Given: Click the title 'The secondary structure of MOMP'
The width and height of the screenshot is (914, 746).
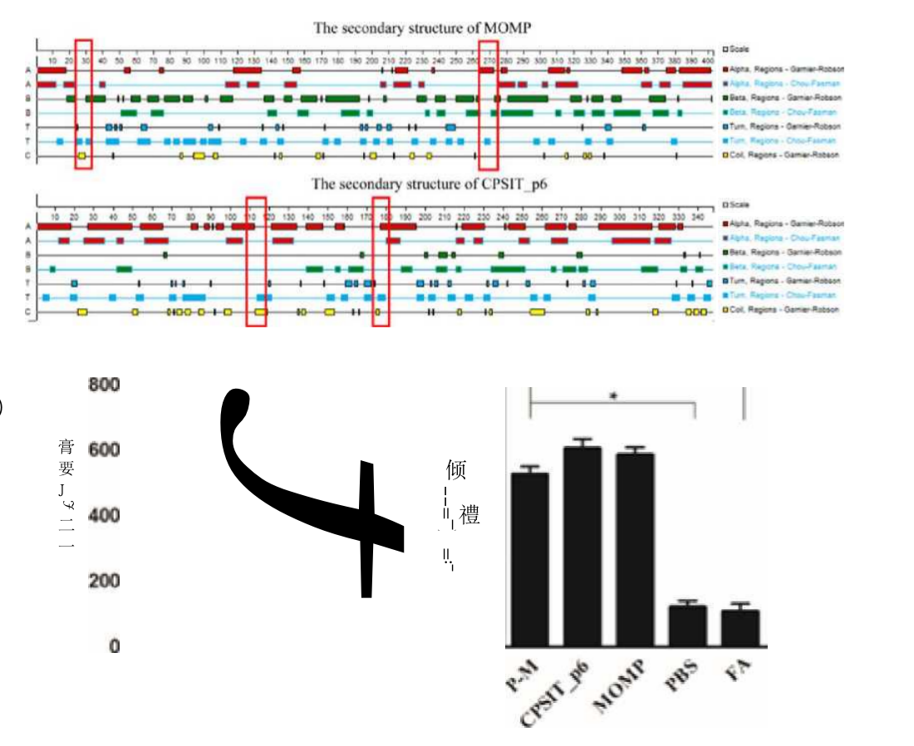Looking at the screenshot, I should point(422,28).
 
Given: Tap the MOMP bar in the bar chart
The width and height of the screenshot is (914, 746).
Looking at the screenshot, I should point(635,549).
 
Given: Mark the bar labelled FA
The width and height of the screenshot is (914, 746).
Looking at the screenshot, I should point(740,627).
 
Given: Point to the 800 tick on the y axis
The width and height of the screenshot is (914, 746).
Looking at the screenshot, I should point(105,385).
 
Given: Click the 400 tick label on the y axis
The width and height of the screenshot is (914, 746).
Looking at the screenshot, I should point(105,515).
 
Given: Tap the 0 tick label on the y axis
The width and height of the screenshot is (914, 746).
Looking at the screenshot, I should point(114,645).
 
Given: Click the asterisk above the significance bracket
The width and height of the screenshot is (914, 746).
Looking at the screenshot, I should point(612,397).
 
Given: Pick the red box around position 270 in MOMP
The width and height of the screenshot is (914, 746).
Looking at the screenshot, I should point(489,104).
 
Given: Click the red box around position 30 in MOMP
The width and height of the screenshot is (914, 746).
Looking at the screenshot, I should point(83,104).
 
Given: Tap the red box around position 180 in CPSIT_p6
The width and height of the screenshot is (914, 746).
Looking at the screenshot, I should point(381,261).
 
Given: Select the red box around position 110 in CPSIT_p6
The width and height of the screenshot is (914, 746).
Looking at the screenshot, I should point(257,261).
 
